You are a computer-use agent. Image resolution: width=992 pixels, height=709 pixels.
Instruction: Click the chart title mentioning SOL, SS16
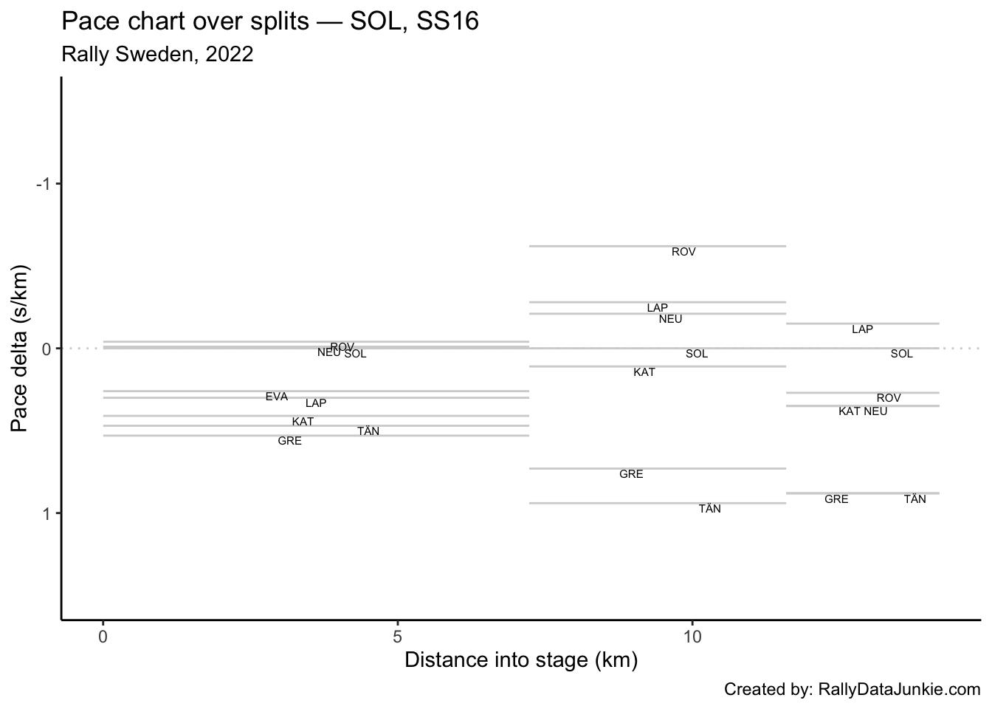270,22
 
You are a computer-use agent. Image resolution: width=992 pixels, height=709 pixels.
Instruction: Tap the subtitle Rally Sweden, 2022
157,55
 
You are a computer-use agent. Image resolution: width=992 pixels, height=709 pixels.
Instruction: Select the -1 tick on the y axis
44,184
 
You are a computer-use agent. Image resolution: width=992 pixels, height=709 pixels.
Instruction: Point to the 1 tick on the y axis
47,513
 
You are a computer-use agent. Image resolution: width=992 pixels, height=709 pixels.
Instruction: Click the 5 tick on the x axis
398,635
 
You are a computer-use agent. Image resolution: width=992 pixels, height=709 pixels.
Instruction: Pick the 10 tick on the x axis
692,635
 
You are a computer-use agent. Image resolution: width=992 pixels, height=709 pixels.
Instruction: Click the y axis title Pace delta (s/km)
21,347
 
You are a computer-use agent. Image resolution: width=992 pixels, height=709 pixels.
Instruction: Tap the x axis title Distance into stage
520,660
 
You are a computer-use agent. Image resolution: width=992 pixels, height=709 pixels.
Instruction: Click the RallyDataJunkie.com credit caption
852,690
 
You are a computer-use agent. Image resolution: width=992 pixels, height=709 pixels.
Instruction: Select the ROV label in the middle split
683,253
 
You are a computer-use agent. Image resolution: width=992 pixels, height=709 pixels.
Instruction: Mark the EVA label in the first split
277,397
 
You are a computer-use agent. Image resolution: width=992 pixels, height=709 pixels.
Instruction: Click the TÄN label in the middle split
709,509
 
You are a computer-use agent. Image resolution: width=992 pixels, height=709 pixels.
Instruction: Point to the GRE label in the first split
289,442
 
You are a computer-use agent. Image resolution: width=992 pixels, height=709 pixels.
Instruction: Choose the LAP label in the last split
862,329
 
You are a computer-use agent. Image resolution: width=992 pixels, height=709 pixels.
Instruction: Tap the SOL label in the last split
901,354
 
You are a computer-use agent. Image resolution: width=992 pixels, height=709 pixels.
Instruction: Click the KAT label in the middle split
644,373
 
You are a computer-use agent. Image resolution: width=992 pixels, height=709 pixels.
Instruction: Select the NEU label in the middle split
670,319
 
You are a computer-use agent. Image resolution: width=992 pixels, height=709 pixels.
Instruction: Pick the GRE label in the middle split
631,474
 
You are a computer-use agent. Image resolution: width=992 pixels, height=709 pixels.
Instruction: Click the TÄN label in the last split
914,499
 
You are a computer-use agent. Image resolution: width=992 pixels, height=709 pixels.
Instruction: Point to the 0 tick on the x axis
103,635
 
